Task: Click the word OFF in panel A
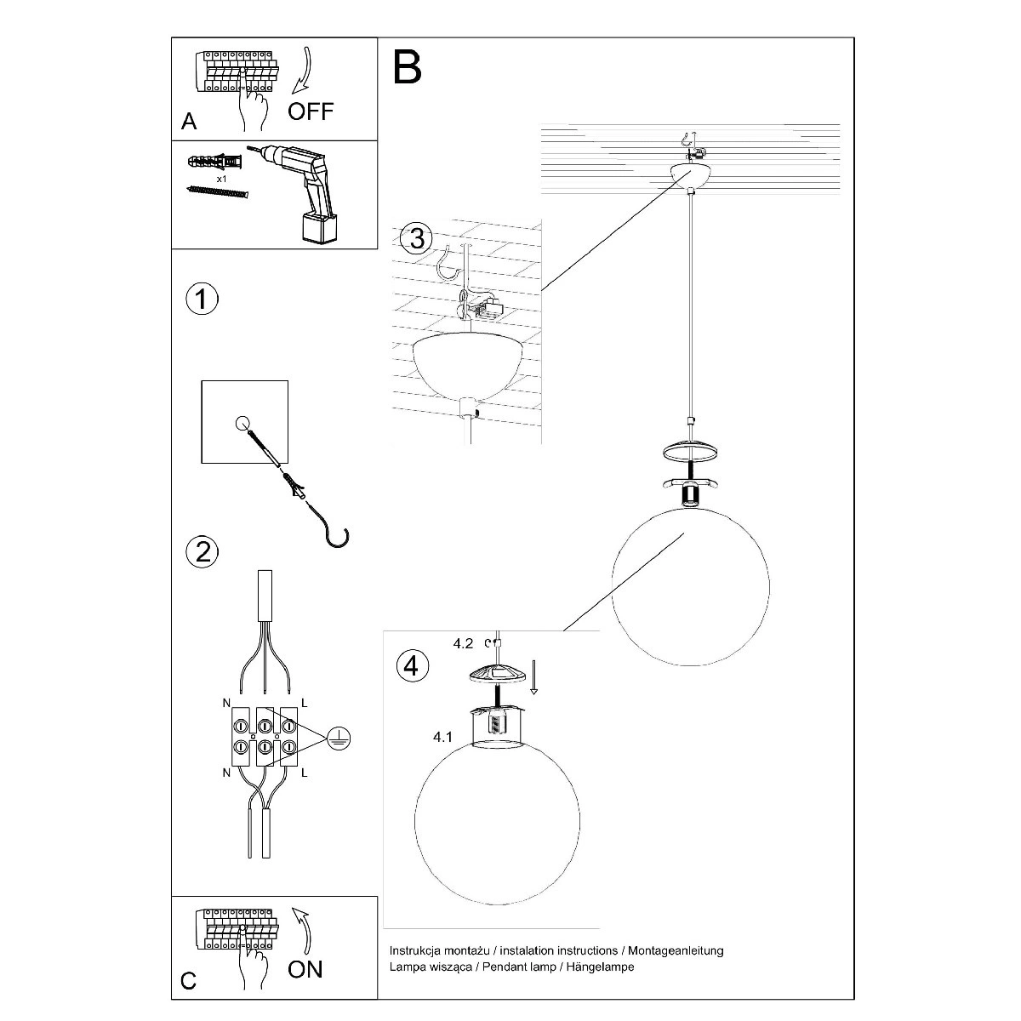(x=311, y=111)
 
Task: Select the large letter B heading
(x=407, y=67)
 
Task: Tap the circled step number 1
(x=202, y=299)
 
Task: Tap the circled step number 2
(x=202, y=551)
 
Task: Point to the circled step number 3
(x=416, y=238)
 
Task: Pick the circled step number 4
(x=412, y=666)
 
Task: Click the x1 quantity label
(x=221, y=179)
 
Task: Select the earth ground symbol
(x=339, y=738)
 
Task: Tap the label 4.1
(x=442, y=737)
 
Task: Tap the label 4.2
(x=463, y=644)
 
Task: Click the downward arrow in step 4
(x=533, y=676)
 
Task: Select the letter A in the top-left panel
(x=189, y=122)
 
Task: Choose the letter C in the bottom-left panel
(x=188, y=980)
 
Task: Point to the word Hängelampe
(x=601, y=967)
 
